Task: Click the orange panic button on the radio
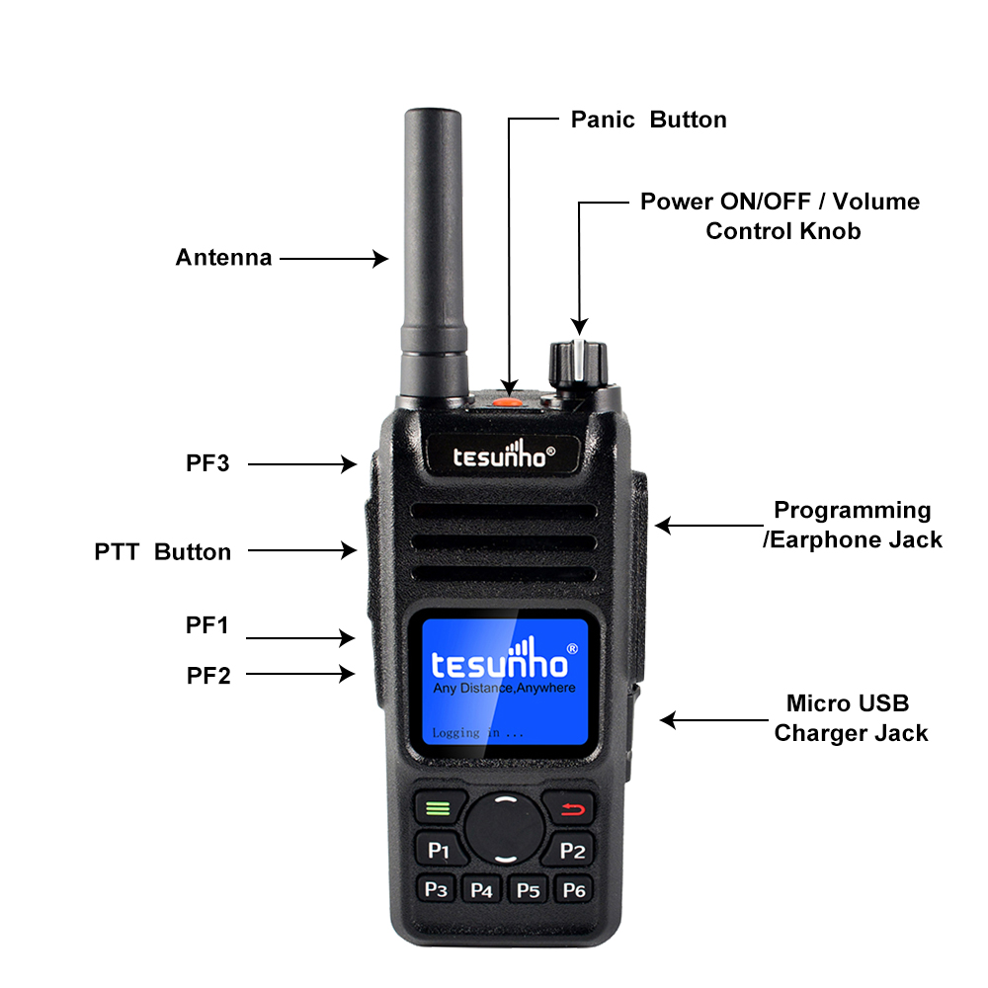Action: [506, 399]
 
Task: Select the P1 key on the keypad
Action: [438, 850]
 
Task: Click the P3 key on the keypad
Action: [436, 889]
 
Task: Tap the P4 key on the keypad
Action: [482, 890]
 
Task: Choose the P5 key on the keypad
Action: [529, 890]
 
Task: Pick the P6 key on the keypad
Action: [574, 890]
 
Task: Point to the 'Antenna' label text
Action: [223, 258]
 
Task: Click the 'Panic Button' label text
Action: [648, 120]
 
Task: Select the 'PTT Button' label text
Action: [163, 552]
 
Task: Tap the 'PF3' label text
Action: [207, 461]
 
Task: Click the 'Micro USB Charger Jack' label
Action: [850, 718]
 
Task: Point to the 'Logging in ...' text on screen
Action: [477, 733]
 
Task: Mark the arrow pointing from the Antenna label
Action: [334, 259]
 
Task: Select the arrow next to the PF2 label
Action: [300, 675]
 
